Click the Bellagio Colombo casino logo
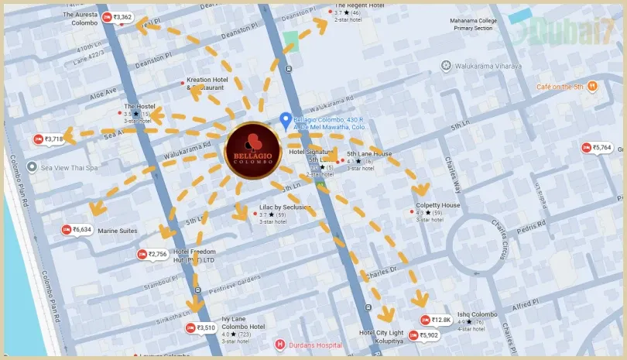click(253, 150)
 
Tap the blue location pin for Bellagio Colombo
click(285, 121)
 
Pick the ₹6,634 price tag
click(77, 230)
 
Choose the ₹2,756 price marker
click(152, 254)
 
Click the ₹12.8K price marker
click(436, 320)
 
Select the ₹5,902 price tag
click(424, 335)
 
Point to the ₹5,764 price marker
click(597, 147)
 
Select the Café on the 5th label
click(560, 87)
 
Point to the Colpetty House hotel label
click(438, 206)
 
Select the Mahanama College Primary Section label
click(472, 23)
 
